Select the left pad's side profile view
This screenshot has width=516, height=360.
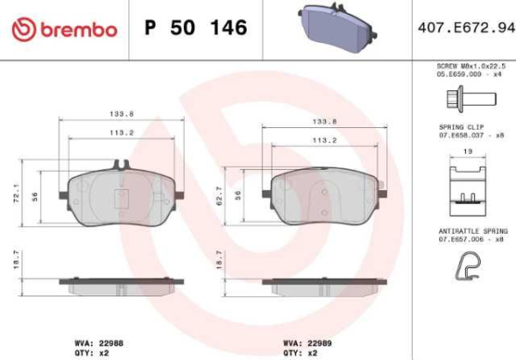coord(120,283)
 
